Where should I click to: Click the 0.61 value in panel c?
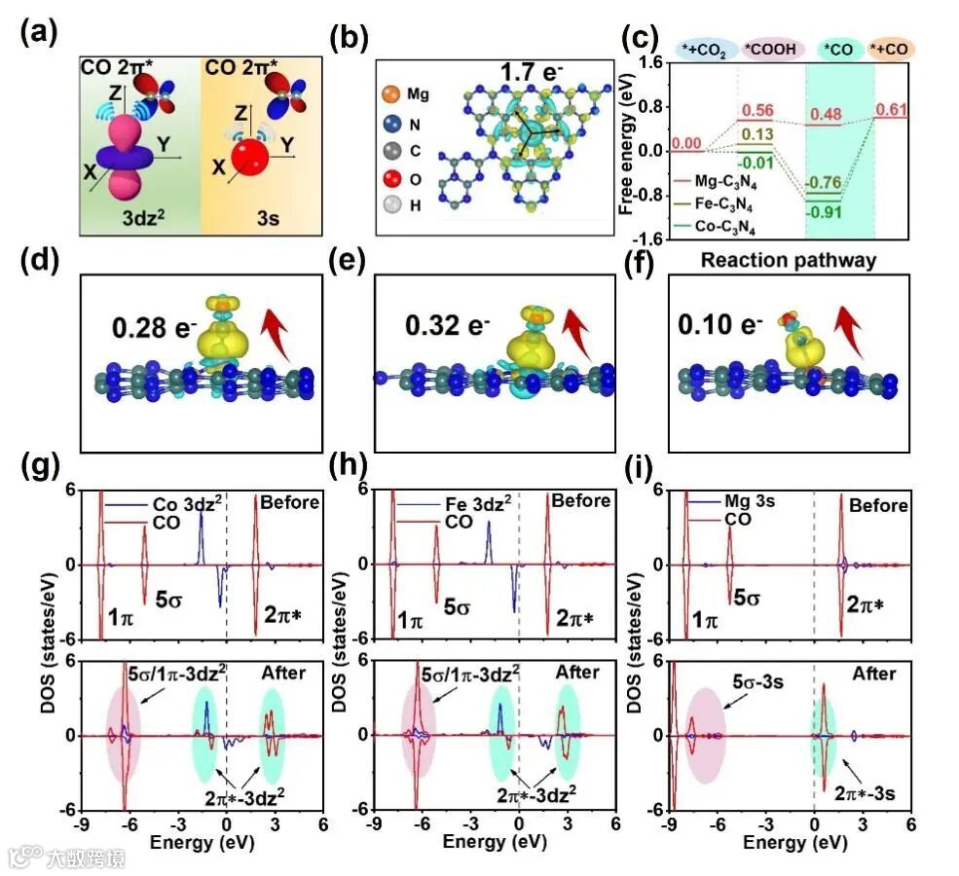pos(893,110)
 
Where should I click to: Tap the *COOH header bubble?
pos(768,48)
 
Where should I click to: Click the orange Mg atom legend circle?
pos(389,95)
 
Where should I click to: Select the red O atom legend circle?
pos(389,178)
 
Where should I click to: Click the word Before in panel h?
pos(581,501)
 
